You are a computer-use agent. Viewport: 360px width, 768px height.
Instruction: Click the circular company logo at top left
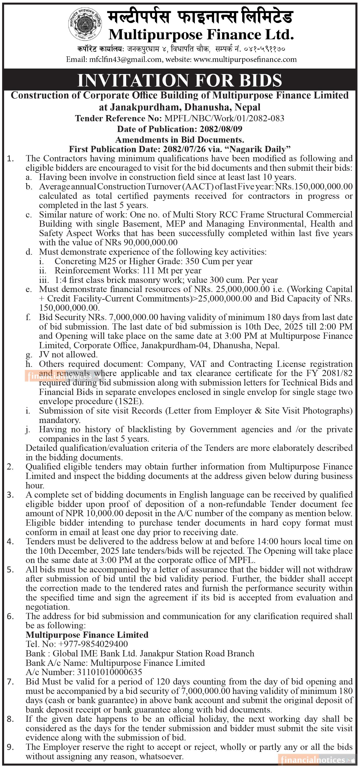(x=85, y=24)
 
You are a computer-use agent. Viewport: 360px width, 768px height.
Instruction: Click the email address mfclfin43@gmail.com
(x=125, y=59)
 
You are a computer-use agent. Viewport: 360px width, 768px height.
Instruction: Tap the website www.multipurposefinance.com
(x=245, y=59)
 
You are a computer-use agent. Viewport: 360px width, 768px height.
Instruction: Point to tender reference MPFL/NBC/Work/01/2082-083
(x=224, y=118)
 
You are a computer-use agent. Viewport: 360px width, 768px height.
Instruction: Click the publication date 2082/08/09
(x=221, y=129)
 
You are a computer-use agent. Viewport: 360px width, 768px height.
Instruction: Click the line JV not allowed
(x=68, y=354)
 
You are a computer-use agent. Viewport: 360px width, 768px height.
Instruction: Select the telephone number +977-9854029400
(x=91, y=644)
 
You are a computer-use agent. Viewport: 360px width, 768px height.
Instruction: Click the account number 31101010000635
(x=109, y=672)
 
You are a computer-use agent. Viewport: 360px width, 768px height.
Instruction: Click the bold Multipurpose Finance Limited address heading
(x=87, y=635)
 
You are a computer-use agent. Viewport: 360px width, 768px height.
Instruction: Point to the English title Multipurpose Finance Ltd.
(x=201, y=35)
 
